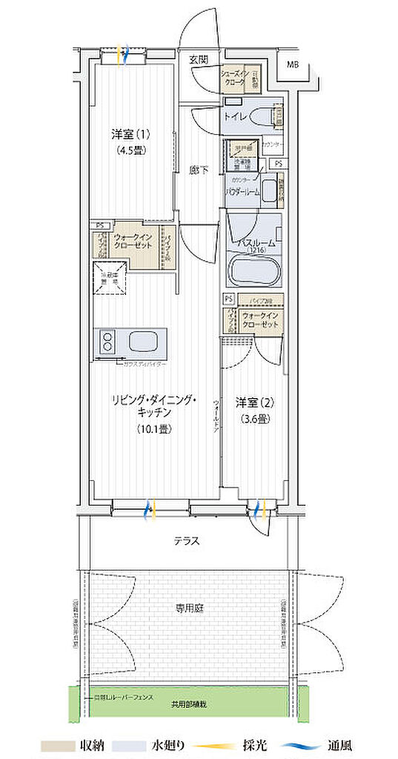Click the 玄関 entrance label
pos(198,59)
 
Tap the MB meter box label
pos(293,64)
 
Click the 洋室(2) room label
pos(255,402)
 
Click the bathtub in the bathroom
pos(254,270)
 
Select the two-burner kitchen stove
pos(107,343)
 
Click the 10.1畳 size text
pos(153,428)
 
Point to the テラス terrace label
pos(187,541)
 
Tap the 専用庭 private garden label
pos(189,608)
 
